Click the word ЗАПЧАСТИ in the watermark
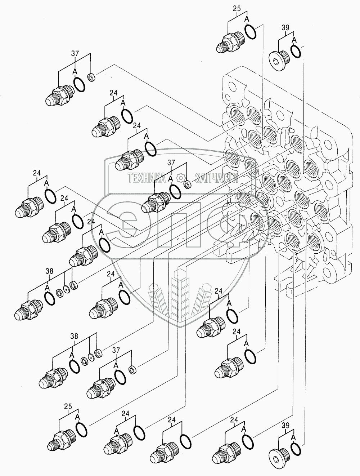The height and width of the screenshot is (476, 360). (x=217, y=177)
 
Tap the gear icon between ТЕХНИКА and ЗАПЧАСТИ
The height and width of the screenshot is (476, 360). (x=180, y=177)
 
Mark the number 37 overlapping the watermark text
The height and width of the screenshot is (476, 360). (x=170, y=163)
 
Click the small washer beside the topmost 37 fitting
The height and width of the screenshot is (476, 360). (x=91, y=77)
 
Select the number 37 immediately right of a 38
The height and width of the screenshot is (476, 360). (x=116, y=350)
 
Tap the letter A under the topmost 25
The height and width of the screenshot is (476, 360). (x=247, y=19)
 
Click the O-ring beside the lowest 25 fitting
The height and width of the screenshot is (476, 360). (x=82, y=429)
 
